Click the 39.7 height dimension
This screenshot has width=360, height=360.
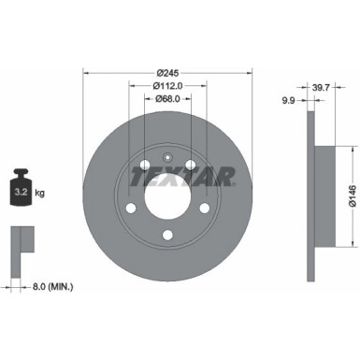(322, 86)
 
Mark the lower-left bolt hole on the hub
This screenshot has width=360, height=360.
(131, 208)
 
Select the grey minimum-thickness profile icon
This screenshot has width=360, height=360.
(21, 240)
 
